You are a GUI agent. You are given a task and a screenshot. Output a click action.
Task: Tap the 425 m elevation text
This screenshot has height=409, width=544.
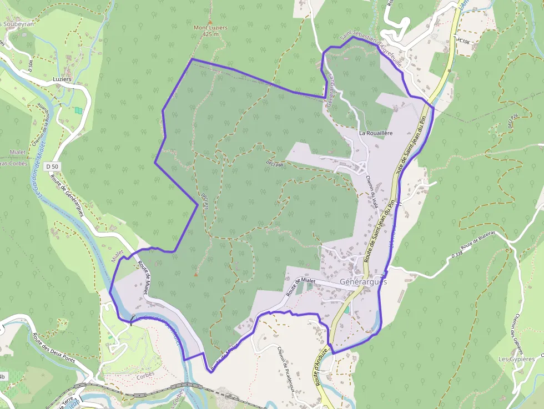[x=210, y=34]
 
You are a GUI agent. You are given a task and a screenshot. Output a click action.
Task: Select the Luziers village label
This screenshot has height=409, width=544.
[x=62, y=79]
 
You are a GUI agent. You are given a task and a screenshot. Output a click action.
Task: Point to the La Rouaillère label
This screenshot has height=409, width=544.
[x=376, y=133]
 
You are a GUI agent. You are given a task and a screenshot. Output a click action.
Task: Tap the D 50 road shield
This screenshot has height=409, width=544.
[x=52, y=166]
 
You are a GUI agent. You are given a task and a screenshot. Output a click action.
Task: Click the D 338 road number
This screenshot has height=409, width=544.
[x=457, y=254]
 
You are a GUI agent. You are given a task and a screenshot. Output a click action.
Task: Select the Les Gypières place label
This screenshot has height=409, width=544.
[x=516, y=359]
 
